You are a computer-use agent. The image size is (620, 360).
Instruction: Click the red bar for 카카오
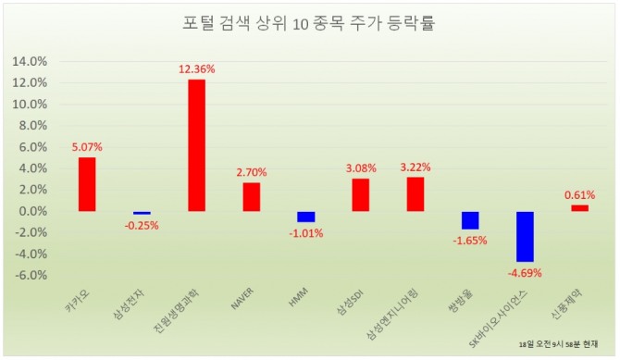86,184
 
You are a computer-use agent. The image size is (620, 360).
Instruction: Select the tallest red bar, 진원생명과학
196,145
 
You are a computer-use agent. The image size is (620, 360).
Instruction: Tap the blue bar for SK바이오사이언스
525,236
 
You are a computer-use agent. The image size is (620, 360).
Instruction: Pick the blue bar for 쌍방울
470,220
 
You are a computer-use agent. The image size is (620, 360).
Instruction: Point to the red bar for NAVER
251,196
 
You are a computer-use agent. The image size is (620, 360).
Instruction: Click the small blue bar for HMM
305,217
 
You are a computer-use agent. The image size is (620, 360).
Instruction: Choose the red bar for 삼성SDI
360,194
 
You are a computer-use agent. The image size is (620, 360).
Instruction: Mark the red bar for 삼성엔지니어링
415,193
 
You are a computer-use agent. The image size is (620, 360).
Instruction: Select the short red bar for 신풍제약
579,208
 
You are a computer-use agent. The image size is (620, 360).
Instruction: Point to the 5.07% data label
87,145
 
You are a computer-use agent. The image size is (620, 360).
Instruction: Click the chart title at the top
309,24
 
